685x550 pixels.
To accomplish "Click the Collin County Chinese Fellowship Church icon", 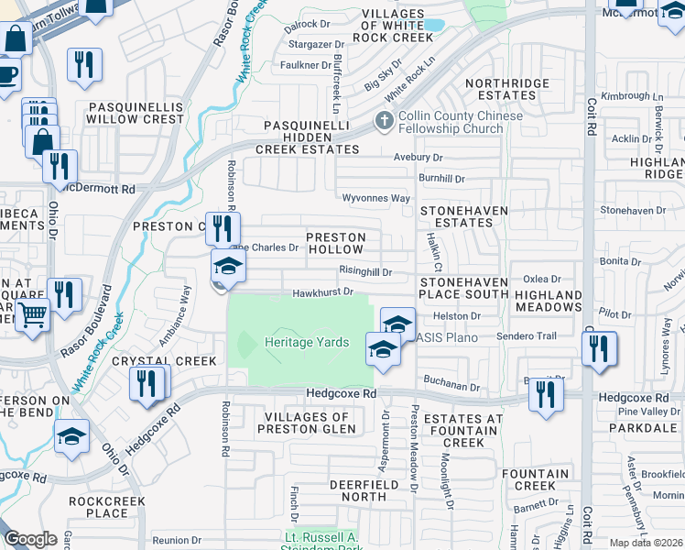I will point(384,121).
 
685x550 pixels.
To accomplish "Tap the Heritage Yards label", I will point(307,342).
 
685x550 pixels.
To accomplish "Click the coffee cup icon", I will point(7,72).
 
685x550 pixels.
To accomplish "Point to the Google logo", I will point(30,539).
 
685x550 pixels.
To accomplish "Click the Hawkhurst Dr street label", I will point(322,292).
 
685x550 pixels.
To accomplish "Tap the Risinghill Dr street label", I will point(365,272).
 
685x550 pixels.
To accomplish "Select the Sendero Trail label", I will point(527,336).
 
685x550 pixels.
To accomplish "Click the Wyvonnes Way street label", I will point(375,198).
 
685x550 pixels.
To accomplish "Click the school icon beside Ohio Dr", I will point(71,438).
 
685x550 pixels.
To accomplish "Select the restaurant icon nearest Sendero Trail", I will point(599,348).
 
